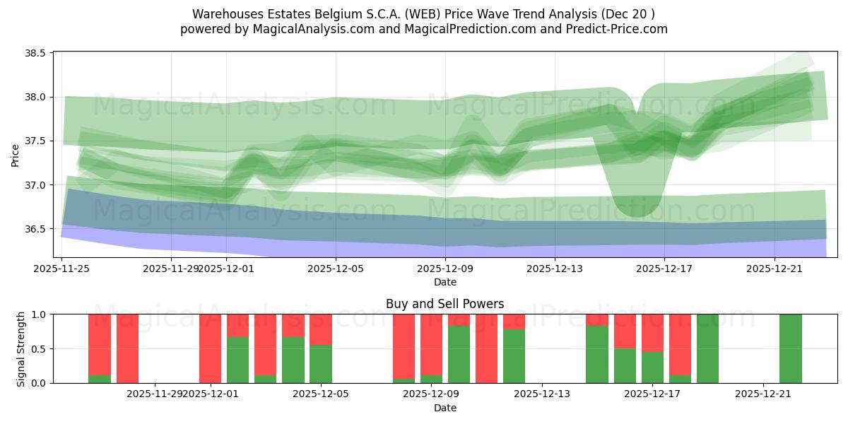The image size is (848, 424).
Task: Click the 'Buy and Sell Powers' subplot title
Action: coord(444,304)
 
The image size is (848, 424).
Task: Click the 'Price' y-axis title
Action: coord(16,154)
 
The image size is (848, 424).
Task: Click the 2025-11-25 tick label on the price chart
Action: coord(62,269)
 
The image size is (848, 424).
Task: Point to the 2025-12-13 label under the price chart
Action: coord(555,269)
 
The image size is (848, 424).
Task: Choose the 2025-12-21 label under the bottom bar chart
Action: coord(763,394)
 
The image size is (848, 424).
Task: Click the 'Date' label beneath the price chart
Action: coord(444,282)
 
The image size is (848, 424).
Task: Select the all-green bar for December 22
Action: coord(791,348)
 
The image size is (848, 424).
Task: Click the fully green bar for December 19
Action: coord(707,348)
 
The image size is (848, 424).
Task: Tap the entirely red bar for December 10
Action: coord(486,348)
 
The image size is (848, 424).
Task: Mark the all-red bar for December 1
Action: coord(210,348)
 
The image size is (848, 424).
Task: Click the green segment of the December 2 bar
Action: coord(237,360)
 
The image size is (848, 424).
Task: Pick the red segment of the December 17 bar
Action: coord(652,332)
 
